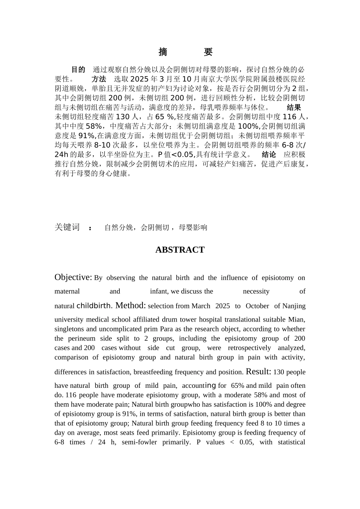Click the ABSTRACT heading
(x=180, y=250)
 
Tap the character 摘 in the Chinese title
(x=163, y=52)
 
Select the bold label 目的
(x=78, y=70)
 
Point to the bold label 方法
(x=99, y=79)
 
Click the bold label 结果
(x=294, y=108)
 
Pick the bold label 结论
(x=269, y=155)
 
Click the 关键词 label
(x=67, y=227)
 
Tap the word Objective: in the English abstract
(x=73, y=277)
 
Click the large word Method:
(x=130, y=305)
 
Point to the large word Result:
(x=258, y=372)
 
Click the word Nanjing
(x=294, y=306)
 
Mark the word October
(x=257, y=306)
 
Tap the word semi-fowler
(x=139, y=442)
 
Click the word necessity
(x=256, y=292)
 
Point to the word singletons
(x=70, y=329)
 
